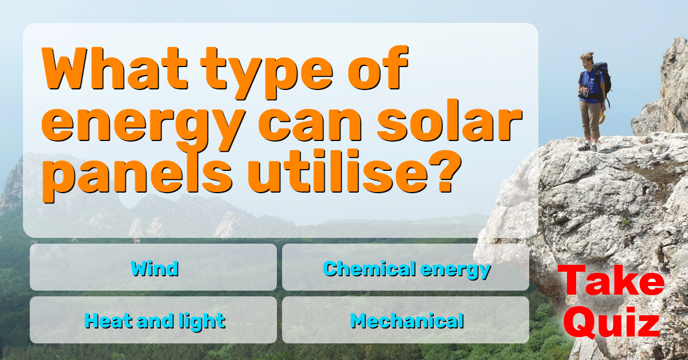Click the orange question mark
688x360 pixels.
[445, 171]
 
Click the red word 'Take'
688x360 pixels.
[611, 280]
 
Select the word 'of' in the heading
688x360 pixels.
[378, 68]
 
